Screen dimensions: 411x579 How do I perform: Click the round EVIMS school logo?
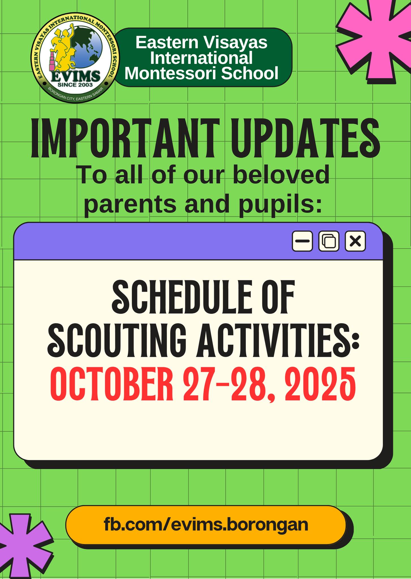pos(75,58)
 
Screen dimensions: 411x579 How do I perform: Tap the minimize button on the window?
pos(302,241)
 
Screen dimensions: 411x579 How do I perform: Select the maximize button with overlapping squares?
pos(329,241)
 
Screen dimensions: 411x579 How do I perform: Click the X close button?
pos(355,241)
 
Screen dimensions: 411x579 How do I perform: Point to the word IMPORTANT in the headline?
pos(125,139)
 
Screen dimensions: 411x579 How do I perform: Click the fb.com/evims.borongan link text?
pos(206,524)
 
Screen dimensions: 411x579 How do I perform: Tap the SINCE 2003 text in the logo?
pos(75,85)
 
